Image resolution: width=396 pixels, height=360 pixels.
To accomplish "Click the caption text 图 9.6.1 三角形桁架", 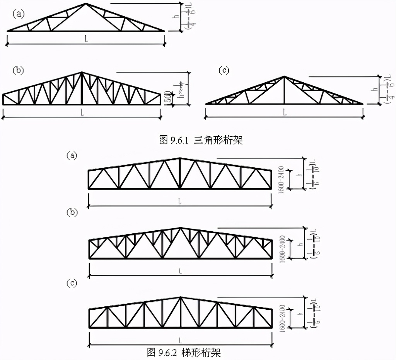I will tap(201, 140).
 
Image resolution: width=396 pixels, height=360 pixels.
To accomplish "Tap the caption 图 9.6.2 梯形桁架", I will tap(184, 352).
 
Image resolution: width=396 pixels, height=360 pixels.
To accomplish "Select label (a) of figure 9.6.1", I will tap(18, 14).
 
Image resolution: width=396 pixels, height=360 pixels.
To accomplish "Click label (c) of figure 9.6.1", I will tap(224, 70).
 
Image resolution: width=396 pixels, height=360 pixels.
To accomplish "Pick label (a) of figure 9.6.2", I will tap(72, 155).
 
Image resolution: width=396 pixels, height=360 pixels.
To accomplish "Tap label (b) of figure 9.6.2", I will tap(72, 212).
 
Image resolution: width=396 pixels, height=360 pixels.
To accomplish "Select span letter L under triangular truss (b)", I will tap(82, 112).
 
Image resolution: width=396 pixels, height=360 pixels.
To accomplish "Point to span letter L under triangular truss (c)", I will tap(284, 112).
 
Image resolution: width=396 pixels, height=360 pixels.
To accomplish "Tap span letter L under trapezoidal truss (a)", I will tap(180, 201).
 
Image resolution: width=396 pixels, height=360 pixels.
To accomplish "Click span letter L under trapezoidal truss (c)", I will tap(180, 340).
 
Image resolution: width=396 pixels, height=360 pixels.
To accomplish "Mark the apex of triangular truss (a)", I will tap(86, 4).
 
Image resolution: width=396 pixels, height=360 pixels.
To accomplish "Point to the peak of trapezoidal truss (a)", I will tap(180, 158).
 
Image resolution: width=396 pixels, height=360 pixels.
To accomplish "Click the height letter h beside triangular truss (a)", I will tap(176, 17).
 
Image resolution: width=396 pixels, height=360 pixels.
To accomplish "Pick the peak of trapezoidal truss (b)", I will tap(180, 228).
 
